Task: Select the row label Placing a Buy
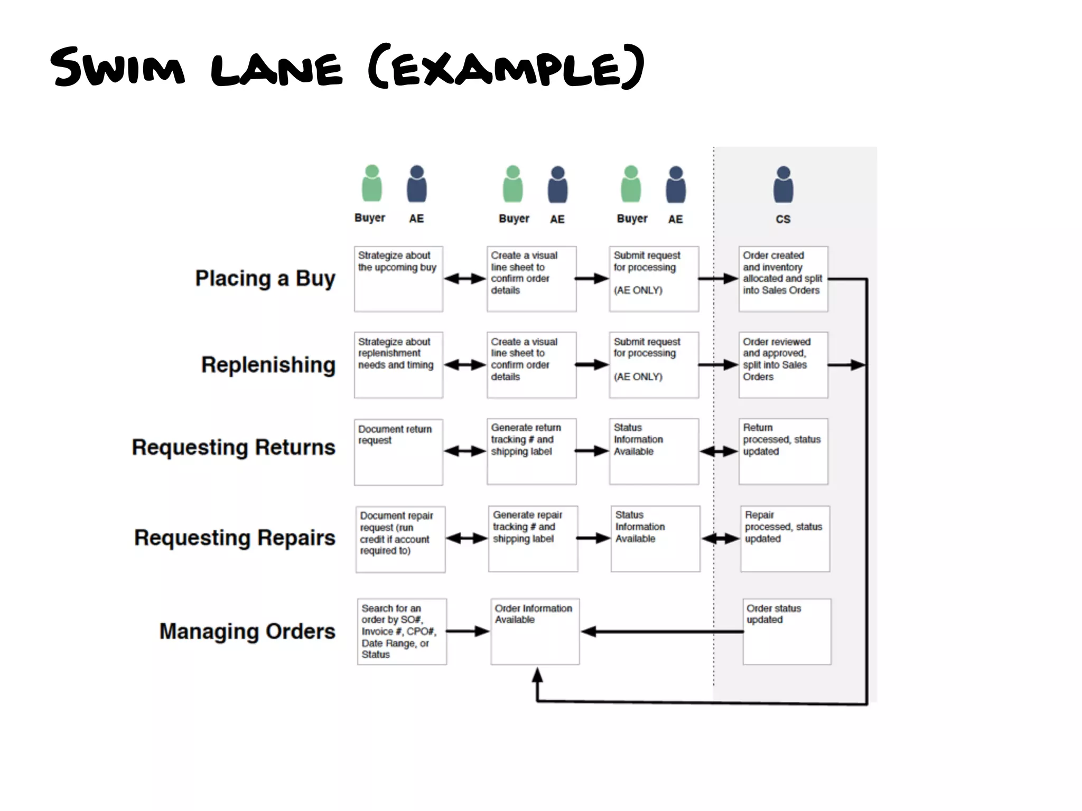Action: pyautogui.click(x=265, y=278)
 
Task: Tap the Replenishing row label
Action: pyautogui.click(x=268, y=365)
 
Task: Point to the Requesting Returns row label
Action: pyautogui.click(x=233, y=447)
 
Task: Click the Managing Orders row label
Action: pyautogui.click(x=247, y=631)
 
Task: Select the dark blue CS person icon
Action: pyautogui.click(x=783, y=185)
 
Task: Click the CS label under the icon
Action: pyautogui.click(x=783, y=219)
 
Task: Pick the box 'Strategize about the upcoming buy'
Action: pyautogui.click(x=398, y=279)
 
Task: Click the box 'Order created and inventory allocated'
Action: pyautogui.click(x=783, y=279)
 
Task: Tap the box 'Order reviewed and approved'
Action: pyautogui.click(x=783, y=365)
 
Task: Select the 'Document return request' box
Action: pyautogui.click(x=398, y=451)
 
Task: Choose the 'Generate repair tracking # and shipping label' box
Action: pyautogui.click(x=533, y=539)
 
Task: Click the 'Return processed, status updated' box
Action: pyautogui.click(x=783, y=451)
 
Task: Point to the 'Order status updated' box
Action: pyautogui.click(x=787, y=631)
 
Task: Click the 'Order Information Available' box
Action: pyautogui.click(x=535, y=631)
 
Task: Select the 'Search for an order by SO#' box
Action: pyautogui.click(x=402, y=631)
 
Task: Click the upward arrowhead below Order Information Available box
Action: pyautogui.click(x=537, y=676)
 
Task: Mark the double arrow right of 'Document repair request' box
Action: pyautogui.click(x=467, y=539)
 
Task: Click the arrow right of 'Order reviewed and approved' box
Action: pyautogui.click(x=847, y=365)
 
